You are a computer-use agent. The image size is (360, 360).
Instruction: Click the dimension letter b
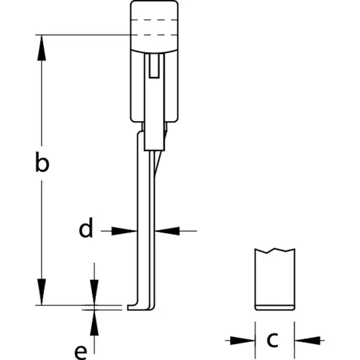click(x=42, y=162)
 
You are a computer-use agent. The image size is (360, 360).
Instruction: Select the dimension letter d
click(x=86, y=228)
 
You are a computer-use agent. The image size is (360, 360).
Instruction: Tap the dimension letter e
click(x=81, y=352)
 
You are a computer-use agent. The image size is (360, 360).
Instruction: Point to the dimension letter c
click(x=273, y=340)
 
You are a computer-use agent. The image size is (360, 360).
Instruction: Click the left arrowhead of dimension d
click(x=124, y=231)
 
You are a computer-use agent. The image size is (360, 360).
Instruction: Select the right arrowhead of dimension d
click(x=167, y=231)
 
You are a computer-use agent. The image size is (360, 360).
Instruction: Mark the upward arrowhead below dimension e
click(x=94, y=323)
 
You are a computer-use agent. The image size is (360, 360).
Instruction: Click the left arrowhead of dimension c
click(x=243, y=341)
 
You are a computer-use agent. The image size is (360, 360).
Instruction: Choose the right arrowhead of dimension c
click(x=307, y=341)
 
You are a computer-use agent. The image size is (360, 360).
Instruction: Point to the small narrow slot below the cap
click(x=154, y=66)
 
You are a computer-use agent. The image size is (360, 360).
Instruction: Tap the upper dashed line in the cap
click(x=154, y=19)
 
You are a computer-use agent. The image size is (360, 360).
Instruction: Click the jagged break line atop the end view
click(x=275, y=251)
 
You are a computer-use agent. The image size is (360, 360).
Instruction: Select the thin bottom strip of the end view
click(x=275, y=307)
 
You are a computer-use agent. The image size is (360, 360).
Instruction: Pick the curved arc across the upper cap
click(x=154, y=51)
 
